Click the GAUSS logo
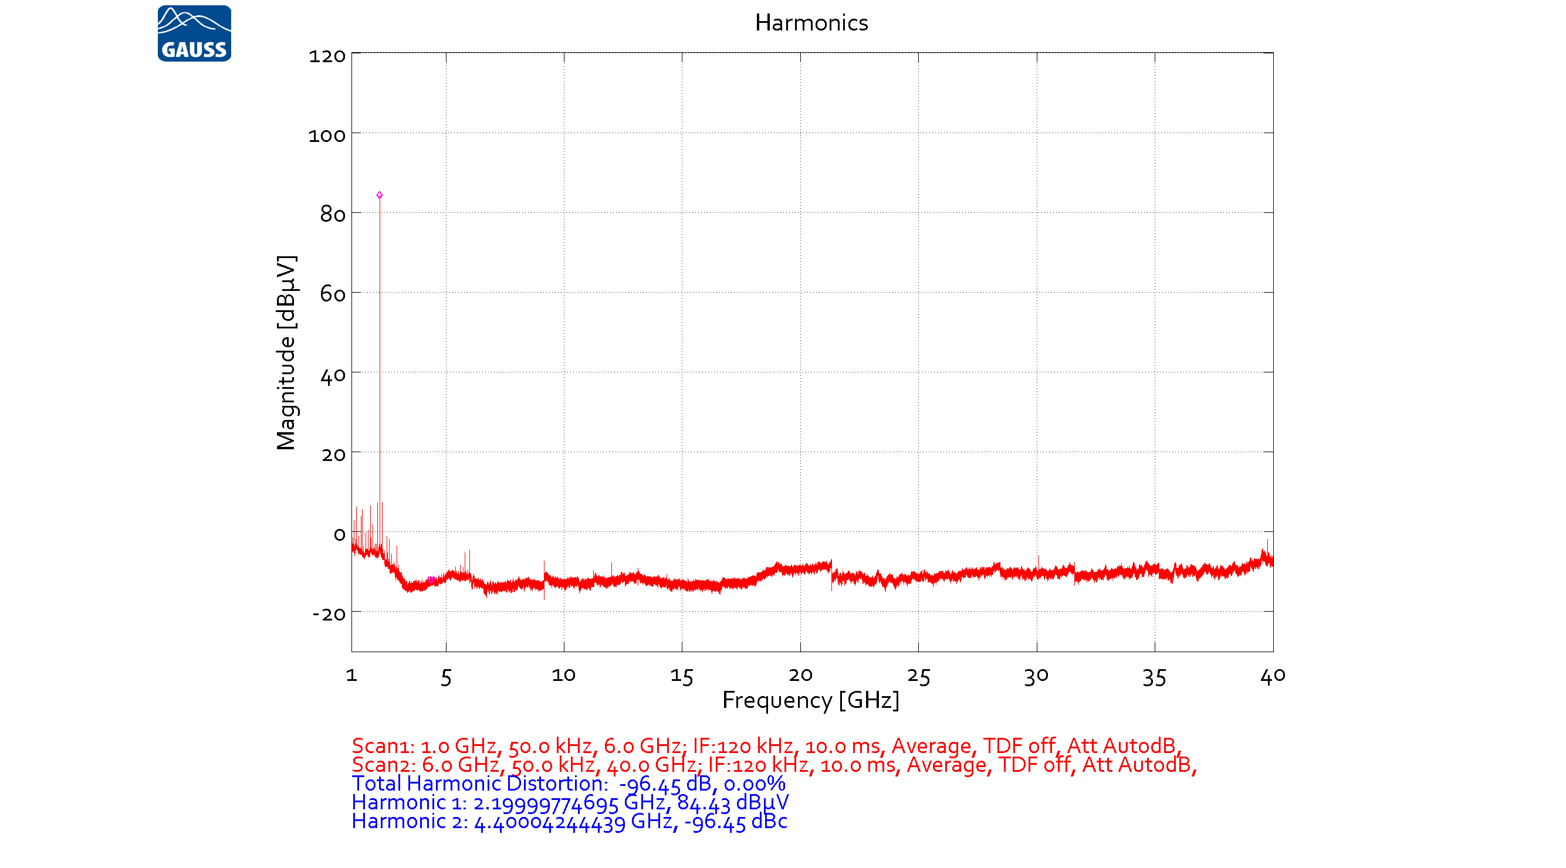[194, 33]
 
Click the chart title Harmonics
[811, 23]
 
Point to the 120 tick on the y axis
[327, 56]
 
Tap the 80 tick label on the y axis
[333, 215]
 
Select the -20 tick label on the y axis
[329, 614]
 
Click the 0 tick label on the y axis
[339, 535]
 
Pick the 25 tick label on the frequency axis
[918, 677]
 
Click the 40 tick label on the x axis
[1273, 676]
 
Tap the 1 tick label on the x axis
[351, 675]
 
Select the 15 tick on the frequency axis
[681, 677]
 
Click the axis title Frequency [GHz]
[810, 700]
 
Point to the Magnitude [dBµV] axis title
[286, 352]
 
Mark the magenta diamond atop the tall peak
[380, 195]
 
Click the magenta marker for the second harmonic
[431, 580]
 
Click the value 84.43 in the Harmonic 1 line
[703, 803]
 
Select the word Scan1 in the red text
[382, 746]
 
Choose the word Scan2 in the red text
[383, 765]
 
